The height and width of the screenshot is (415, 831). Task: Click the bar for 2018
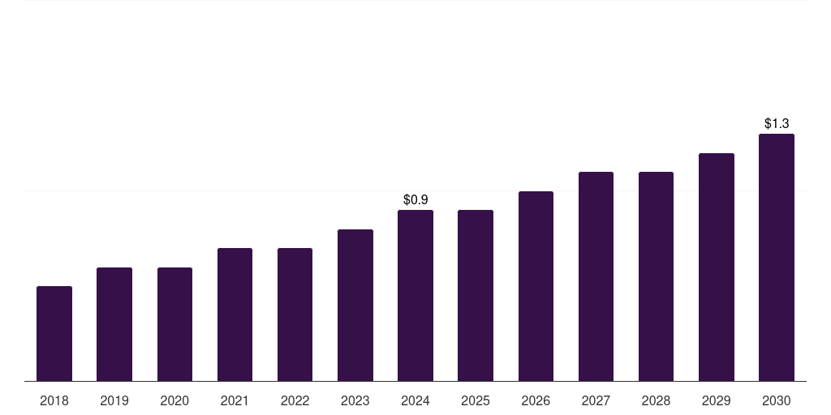point(54,333)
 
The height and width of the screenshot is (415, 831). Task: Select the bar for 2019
point(114,324)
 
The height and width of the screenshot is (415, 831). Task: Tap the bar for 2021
point(235,314)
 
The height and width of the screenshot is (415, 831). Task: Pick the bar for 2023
point(355,305)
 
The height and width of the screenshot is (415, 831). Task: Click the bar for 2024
point(415,295)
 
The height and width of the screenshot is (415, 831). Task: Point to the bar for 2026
point(536,286)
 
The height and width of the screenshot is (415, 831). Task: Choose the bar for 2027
point(596,276)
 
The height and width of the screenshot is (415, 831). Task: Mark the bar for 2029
point(717,267)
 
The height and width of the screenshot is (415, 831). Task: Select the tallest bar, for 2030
point(777,257)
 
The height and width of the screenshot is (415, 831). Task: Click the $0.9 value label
point(415,199)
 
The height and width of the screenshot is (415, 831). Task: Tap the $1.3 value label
point(777,123)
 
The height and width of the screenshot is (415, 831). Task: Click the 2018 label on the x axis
point(54,400)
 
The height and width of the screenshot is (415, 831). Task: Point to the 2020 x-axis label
point(174,400)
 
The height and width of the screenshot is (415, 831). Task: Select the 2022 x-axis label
point(295,400)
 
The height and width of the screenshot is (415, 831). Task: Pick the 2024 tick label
point(415,400)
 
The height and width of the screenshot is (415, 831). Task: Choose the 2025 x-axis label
point(476,400)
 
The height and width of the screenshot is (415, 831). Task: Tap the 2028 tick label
point(656,400)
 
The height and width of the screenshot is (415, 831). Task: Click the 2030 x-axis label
point(777,400)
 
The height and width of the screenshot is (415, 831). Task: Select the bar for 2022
point(295,314)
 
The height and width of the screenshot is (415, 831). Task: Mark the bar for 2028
point(656,276)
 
